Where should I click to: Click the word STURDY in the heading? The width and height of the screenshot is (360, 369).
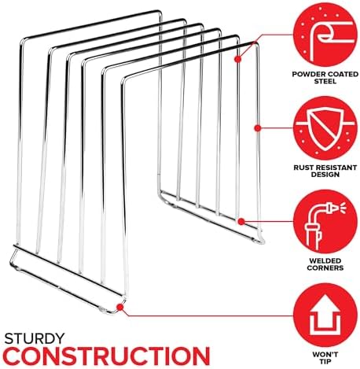click(x=35, y=338)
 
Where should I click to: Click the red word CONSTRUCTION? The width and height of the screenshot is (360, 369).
click(x=107, y=356)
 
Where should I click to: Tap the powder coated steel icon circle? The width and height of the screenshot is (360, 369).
click(x=325, y=35)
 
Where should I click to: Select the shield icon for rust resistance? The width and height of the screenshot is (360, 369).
click(x=325, y=128)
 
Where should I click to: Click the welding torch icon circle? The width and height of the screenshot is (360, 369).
click(x=325, y=222)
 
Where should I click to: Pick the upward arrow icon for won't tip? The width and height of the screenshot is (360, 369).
click(x=325, y=315)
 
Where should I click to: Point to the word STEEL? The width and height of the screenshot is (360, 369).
click(x=325, y=81)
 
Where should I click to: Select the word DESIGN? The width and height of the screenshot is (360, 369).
click(x=325, y=175)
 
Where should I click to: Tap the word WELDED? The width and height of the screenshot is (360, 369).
click(x=325, y=261)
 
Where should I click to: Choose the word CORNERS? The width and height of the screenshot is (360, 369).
click(x=325, y=268)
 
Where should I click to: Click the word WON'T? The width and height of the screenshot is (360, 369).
click(x=325, y=355)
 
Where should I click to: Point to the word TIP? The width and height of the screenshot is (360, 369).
click(x=325, y=362)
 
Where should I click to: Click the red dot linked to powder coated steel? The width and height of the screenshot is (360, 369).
click(x=237, y=59)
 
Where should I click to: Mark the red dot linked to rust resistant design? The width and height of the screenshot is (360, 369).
click(x=258, y=128)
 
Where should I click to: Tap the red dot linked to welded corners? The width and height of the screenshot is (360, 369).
click(x=241, y=222)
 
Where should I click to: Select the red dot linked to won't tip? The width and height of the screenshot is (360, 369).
click(x=120, y=307)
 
